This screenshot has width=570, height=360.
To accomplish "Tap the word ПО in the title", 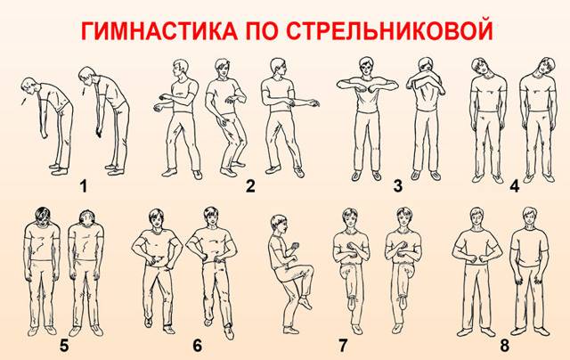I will tap(262, 32).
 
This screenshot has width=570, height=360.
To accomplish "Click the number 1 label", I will tap(83, 186).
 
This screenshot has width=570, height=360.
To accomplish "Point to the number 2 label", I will tap(250, 186).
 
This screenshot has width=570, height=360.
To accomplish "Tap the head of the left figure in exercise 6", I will tap(157, 218).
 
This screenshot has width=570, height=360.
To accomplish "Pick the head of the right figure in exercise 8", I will tap(528, 217).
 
